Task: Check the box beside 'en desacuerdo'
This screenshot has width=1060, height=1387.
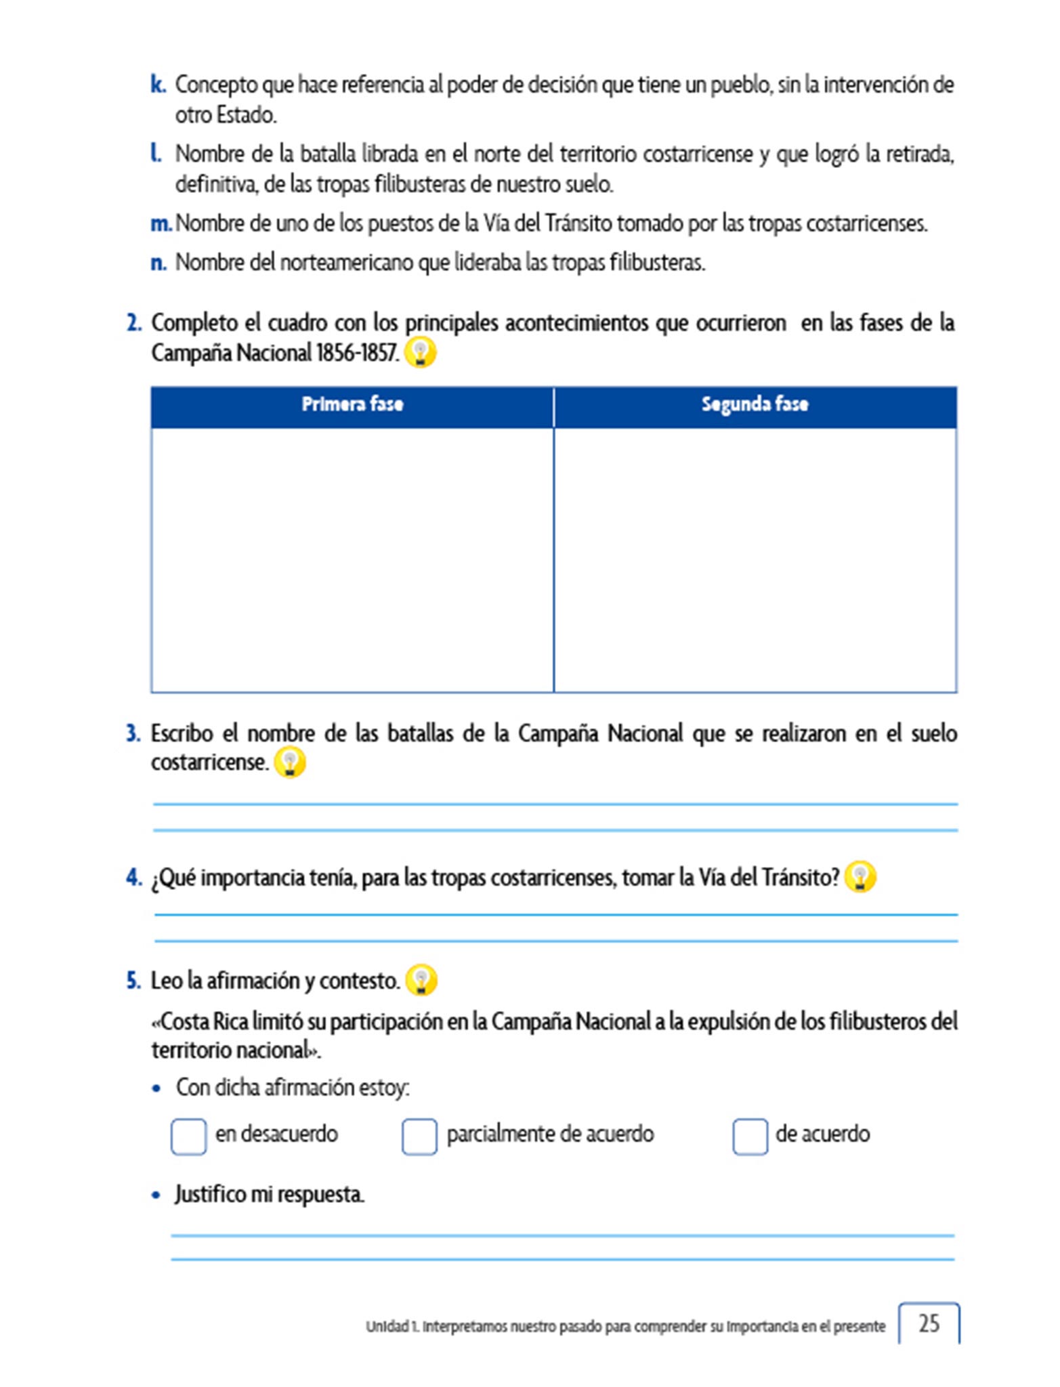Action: tap(188, 1136)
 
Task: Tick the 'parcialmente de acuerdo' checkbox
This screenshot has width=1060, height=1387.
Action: tap(419, 1136)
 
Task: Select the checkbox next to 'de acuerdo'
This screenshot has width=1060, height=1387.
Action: tap(750, 1136)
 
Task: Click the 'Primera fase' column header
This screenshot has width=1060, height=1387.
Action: tap(352, 405)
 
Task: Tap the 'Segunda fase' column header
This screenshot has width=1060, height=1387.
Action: tap(755, 405)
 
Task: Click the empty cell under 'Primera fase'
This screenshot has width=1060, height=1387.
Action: tap(352, 559)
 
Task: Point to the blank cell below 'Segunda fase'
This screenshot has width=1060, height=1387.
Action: tap(755, 559)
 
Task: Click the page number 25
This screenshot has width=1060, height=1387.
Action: tap(929, 1323)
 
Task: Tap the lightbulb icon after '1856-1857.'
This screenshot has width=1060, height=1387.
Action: tap(420, 353)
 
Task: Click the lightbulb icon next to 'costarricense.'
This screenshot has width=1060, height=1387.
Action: tap(290, 763)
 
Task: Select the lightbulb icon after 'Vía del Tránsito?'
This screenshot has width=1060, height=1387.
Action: tap(860, 877)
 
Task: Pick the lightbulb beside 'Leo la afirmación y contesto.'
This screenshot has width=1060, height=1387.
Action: tap(421, 980)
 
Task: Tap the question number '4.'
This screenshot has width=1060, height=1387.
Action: tap(134, 878)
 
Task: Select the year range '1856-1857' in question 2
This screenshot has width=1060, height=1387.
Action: tap(356, 354)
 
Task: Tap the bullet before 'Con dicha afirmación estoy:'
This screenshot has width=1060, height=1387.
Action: tap(157, 1089)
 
